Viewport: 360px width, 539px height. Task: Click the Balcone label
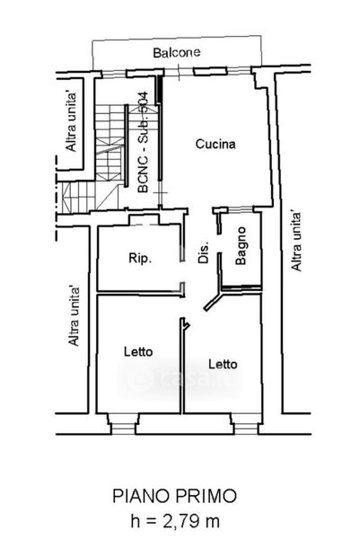(177, 53)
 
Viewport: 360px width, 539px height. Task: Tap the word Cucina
(215, 144)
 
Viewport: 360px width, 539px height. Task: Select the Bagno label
(241, 245)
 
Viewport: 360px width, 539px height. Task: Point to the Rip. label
(140, 258)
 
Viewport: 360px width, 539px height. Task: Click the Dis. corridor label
(204, 252)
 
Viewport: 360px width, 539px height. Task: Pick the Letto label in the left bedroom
(138, 351)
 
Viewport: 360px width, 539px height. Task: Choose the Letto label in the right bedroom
(223, 364)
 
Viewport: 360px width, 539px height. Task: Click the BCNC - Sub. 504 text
(143, 142)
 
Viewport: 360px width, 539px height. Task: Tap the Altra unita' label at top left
(72, 121)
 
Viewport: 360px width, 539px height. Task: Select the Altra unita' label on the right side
(296, 241)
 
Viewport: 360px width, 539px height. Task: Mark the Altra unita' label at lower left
(74, 316)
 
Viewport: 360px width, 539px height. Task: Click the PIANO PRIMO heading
(175, 496)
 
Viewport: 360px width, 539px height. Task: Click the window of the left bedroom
(123, 429)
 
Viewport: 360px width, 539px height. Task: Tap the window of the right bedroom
(246, 429)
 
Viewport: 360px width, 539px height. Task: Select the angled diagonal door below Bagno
(213, 301)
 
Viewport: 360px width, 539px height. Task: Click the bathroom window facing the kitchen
(241, 209)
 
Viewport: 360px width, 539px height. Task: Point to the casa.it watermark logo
(180, 378)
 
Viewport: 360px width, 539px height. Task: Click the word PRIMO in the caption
(206, 496)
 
